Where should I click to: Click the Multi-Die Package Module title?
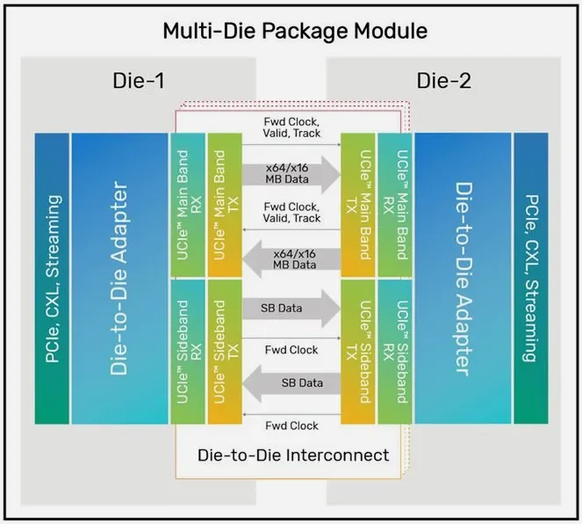point(295,32)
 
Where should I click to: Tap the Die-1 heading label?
point(139,82)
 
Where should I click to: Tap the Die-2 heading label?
point(445,82)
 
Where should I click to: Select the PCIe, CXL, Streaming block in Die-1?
point(52,278)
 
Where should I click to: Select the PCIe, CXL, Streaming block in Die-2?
point(529,278)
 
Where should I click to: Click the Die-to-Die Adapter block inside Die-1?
point(119,278)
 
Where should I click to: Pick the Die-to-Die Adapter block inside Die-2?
point(462,278)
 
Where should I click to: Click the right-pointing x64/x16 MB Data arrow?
point(289,172)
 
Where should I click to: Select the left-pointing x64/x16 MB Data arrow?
point(289,258)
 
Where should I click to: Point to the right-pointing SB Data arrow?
point(289,309)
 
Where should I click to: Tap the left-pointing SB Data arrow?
point(289,383)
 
